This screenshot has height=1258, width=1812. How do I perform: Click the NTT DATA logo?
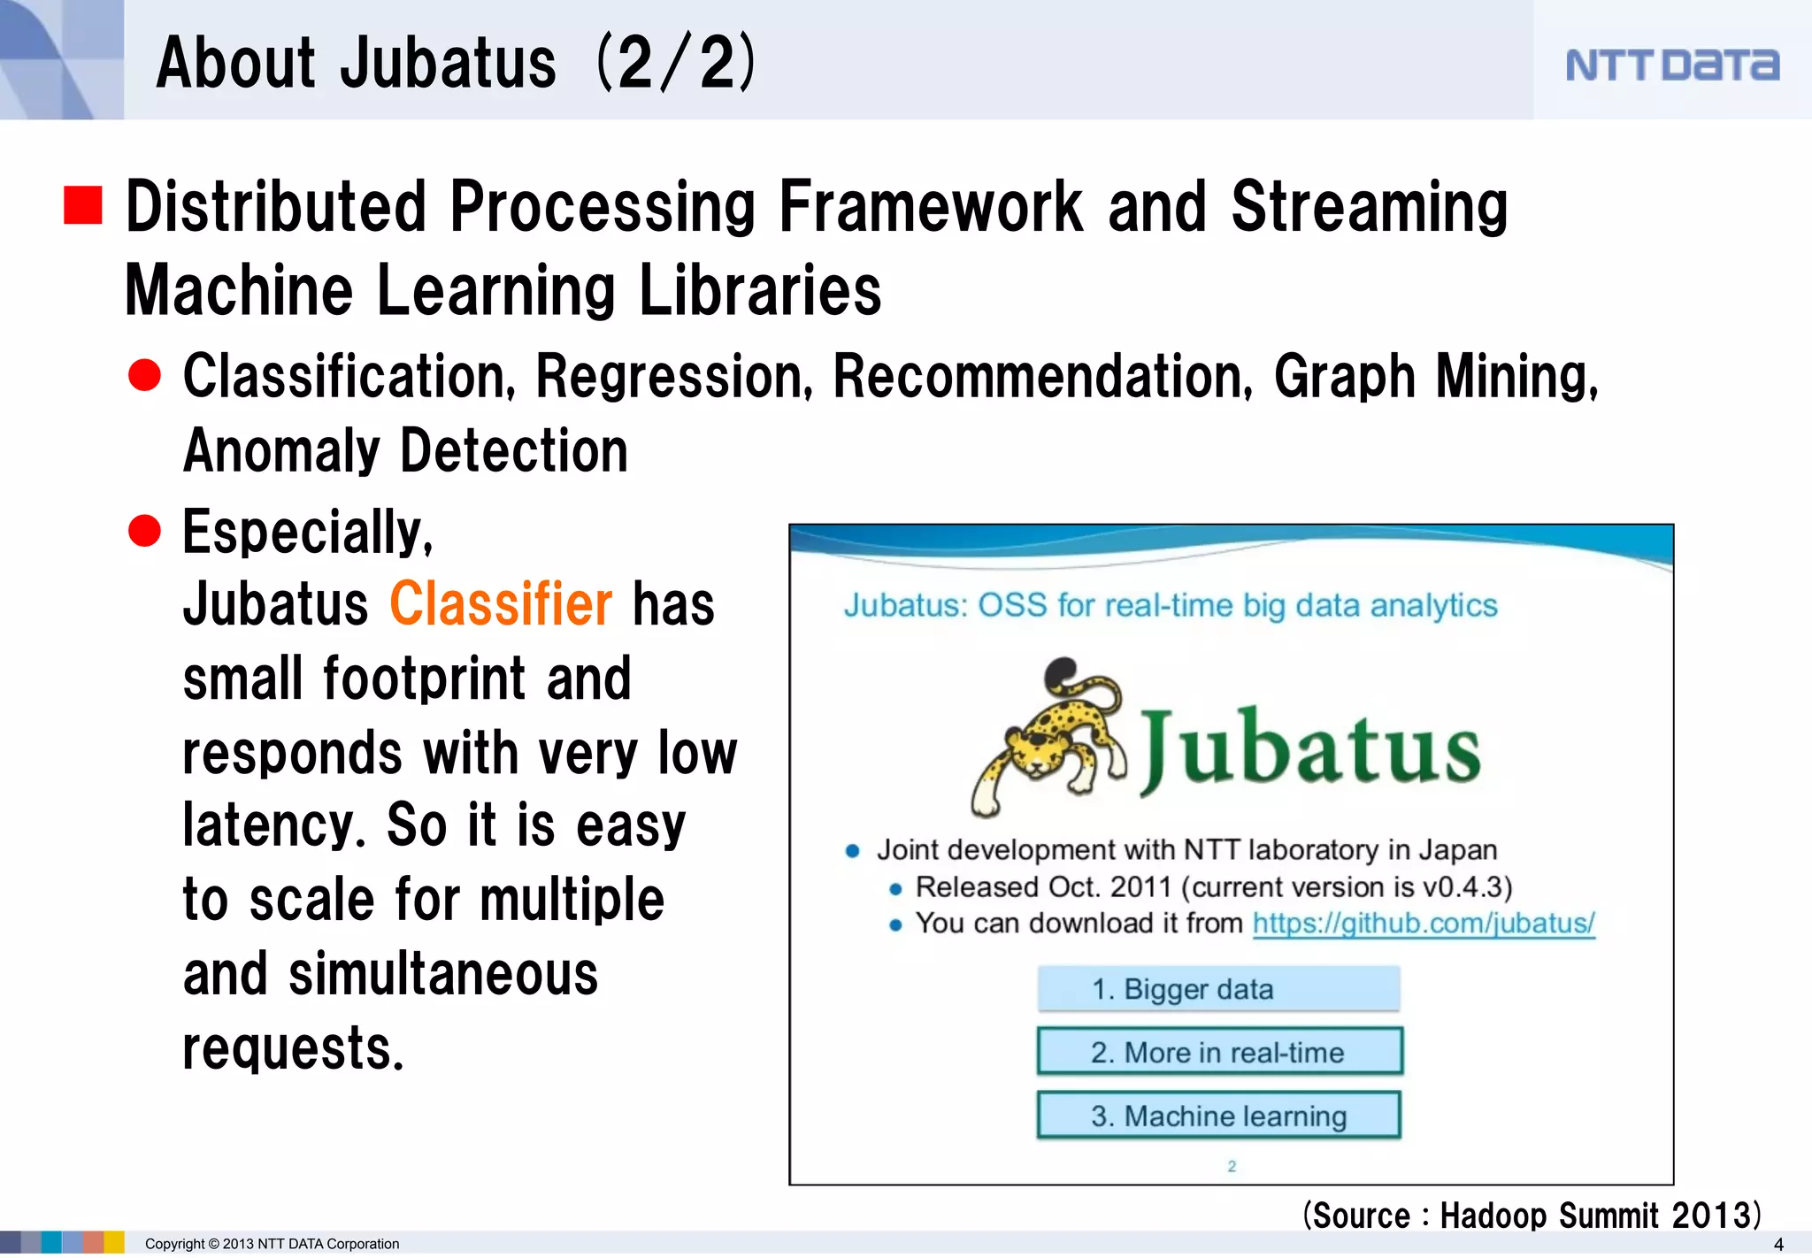coord(1671,65)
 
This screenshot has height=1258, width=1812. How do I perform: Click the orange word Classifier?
coord(500,605)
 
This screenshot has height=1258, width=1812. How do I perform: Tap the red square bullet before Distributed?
coord(83,205)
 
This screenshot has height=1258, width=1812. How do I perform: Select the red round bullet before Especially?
coord(144,531)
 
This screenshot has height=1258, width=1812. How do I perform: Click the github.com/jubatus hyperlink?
coord(1423,924)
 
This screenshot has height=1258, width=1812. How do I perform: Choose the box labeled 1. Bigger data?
coord(1218,989)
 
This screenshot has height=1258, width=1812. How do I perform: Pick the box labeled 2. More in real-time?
coord(1219,1052)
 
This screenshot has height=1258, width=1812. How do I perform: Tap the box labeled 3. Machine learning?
coord(1219,1116)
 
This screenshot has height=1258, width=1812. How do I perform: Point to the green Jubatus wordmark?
coord(1310,750)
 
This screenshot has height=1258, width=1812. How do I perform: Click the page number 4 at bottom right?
coord(1778,1244)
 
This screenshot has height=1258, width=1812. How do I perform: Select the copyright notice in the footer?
coord(272,1244)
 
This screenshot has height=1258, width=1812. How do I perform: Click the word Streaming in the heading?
coord(1369,207)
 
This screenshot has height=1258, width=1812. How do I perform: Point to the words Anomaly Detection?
coord(405,451)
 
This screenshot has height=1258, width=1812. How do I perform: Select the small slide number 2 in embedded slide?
coord(1231,1166)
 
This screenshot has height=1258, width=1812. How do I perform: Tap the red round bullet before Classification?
coord(144,375)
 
